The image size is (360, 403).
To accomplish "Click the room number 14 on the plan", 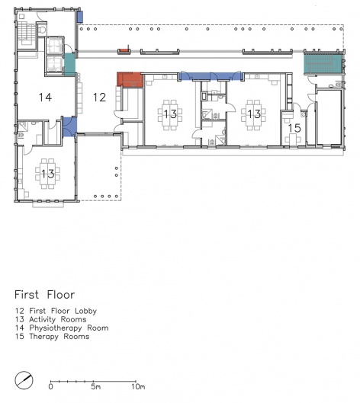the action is [45, 98].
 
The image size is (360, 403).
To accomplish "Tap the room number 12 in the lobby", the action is [99, 98].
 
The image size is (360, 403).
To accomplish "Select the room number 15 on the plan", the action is [294, 128].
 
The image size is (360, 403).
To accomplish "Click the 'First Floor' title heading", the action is [45, 295].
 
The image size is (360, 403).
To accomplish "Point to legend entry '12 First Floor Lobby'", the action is [56, 311].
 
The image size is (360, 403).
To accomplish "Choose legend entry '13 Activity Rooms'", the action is [50, 319].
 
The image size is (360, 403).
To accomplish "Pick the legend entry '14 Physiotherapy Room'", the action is [62, 328].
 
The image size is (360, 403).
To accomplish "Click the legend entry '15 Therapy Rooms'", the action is [52, 337].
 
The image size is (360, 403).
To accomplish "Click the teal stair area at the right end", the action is [323, 64].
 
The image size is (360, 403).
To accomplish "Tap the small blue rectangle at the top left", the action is [80, 17].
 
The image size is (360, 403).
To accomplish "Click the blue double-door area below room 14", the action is [69, 127].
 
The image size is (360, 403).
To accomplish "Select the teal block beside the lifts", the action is [69, 64].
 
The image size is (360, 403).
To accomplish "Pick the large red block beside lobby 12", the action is [130, 79].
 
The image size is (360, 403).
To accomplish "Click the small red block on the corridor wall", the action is [124, 51].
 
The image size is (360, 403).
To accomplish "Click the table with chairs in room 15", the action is [292, 139].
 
